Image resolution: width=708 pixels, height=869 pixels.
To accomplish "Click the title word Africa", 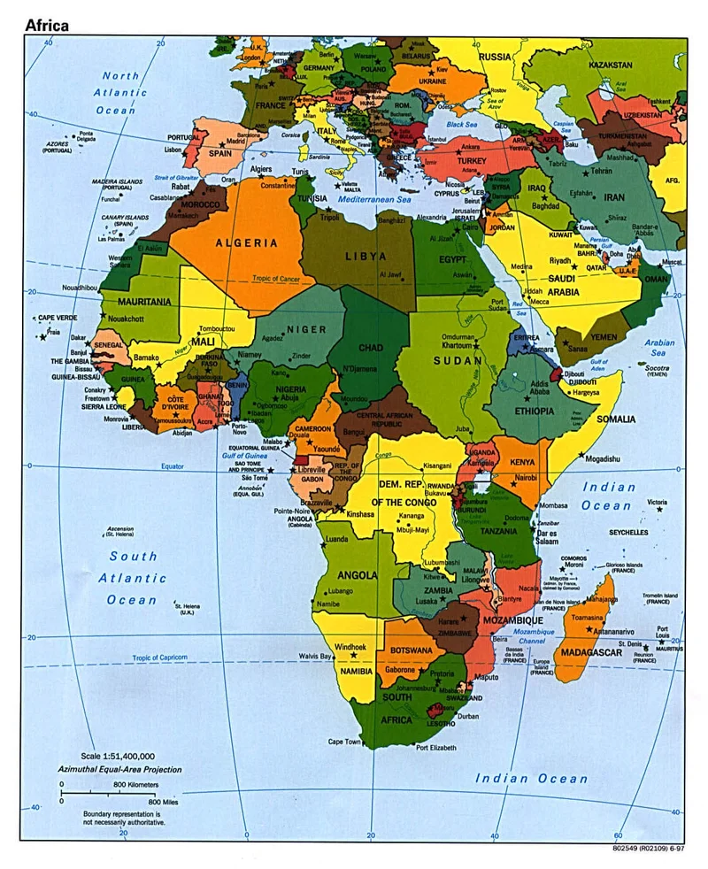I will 46,25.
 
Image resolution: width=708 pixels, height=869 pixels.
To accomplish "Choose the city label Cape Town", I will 345,742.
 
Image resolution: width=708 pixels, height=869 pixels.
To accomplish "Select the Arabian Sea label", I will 659,349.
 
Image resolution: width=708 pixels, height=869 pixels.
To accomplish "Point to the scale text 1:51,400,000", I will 118,756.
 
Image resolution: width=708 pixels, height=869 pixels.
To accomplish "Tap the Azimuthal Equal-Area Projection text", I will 120,769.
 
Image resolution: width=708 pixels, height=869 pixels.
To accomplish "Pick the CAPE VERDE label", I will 58,318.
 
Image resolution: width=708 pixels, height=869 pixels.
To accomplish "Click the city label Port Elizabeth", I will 436,748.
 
